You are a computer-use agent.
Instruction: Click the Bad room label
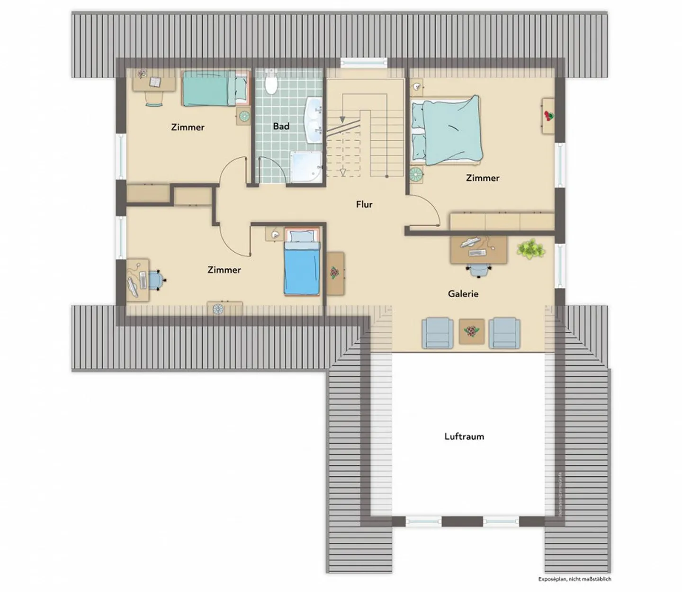[281, 127]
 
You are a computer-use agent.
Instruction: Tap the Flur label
[364, 204]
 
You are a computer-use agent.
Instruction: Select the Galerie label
[463, 294]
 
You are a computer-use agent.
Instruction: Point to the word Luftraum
[464, 437]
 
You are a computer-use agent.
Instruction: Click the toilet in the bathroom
[271, 83]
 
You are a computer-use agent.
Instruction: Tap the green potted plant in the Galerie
[531, 249]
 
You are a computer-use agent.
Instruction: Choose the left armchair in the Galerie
[438, 333]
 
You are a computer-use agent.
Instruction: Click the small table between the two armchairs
[472, 331]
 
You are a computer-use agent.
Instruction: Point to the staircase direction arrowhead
[342, 119]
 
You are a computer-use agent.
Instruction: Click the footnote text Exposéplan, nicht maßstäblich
[574, 579]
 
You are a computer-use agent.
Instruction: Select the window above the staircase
[364, 62]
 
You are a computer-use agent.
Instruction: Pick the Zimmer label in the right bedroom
[482, 178]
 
